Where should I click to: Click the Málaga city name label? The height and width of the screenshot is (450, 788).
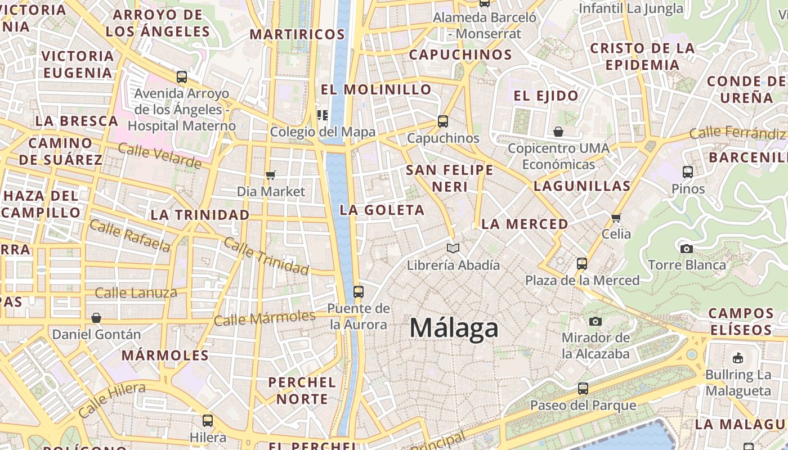click(x=454, y=328)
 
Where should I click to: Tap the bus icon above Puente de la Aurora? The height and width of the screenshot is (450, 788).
click(x=358, y=292)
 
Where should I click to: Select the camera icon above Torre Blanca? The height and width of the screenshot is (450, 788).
click(x=686, y=249)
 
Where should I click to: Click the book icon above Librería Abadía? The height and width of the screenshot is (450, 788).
click(x=453, y=248)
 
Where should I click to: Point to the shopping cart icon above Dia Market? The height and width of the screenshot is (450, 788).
click(x=271, y=175)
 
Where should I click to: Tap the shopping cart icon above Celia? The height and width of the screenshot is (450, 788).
click(x=616, y=218)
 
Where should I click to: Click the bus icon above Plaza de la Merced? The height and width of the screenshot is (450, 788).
click(x=582, y=263)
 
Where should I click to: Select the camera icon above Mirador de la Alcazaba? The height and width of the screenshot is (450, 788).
click(x=596, y=321)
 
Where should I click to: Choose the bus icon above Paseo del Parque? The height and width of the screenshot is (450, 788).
click(x=583, y=388)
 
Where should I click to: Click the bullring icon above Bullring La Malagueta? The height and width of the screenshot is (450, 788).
click(x=737, y=357)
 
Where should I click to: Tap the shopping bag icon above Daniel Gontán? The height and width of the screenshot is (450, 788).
click(x=96, y=318)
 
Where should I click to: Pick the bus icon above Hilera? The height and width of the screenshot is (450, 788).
click(x=208, y=420)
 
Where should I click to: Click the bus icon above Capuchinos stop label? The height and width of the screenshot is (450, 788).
click(x=443, y=121)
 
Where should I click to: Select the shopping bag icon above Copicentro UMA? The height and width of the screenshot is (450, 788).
click(x=558, y=132)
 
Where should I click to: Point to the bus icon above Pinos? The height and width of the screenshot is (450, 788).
click(x=687, y=172)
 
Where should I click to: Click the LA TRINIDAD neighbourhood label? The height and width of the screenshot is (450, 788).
click(x=200, y=215)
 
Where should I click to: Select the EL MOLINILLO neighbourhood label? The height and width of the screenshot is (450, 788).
click(x=376, y=89)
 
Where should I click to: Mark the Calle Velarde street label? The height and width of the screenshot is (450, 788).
click(x=159, y=155)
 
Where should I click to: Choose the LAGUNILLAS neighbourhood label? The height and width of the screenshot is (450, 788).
click(x=581, y=186)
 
